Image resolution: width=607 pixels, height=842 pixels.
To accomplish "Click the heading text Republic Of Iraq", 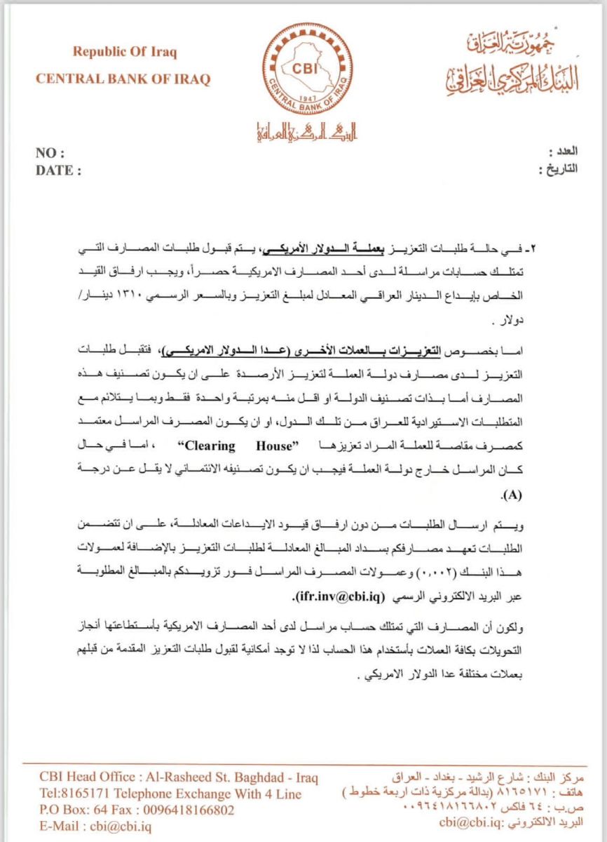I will [125, 52].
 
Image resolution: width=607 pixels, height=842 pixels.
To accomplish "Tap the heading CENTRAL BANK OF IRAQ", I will [123, 79].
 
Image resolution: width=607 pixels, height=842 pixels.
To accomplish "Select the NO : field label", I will [50, 154].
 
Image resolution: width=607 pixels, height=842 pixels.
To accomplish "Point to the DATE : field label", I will [58, 170].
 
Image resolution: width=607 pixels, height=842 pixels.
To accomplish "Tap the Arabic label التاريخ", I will [558, 169].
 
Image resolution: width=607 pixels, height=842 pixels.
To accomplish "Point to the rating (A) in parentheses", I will [512, 495].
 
